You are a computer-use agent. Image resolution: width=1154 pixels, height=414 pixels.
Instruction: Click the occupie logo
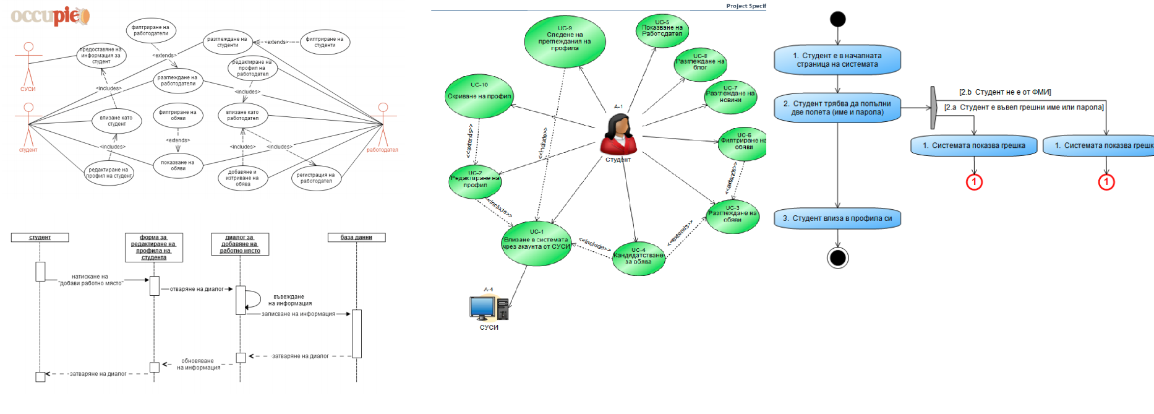(50, 16)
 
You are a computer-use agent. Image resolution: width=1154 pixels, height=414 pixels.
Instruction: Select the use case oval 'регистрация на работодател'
(316, 178)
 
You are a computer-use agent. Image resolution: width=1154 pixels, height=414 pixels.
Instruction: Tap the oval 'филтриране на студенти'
(325, 42)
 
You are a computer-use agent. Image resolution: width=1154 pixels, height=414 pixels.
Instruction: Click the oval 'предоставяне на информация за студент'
(101, 56)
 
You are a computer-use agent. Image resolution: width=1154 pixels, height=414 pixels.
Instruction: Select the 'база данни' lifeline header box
(356, 237)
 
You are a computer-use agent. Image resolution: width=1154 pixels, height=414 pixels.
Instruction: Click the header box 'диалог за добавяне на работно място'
(240, 244)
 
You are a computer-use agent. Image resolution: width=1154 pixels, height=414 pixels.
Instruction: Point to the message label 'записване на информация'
(298, 314)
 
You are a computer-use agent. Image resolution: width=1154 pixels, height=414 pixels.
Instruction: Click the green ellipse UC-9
(565, 41)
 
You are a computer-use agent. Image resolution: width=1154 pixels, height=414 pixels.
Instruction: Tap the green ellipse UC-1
(536, 243)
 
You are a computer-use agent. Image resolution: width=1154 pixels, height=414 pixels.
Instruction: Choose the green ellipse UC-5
(662, 30)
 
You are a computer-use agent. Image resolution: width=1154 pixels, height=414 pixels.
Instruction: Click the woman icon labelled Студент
(618, 134)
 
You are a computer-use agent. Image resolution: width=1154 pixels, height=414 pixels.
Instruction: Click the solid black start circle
(837, 19)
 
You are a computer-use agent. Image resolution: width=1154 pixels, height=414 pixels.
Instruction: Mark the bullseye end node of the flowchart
(837, 257)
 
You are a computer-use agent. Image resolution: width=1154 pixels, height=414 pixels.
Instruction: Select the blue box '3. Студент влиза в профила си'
(837, 218)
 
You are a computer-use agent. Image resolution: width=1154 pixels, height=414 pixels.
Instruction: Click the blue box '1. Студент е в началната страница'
(837, 60)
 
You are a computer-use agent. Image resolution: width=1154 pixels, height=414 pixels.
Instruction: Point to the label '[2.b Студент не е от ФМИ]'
(1005, 92)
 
